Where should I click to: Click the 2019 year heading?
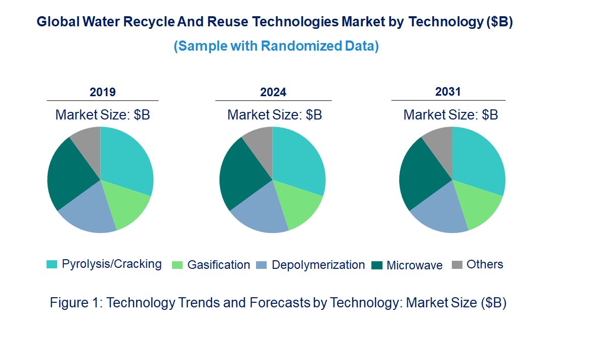click(x=103, y=92)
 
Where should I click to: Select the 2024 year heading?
click(x=273, y=92)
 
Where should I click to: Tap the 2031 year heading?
click(x=448, y=92)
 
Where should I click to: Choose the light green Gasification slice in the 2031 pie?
click(x=478, y=208)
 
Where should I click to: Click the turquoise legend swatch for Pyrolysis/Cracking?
click(x=52, y=264)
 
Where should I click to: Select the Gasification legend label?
click(x=219, y=265)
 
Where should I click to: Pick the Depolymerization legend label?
click(x=318, y=265)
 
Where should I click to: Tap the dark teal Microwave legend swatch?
click(x=376, y=265)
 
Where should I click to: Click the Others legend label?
click(x=485, y=264)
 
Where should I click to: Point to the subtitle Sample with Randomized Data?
click(x=276, y=46)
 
